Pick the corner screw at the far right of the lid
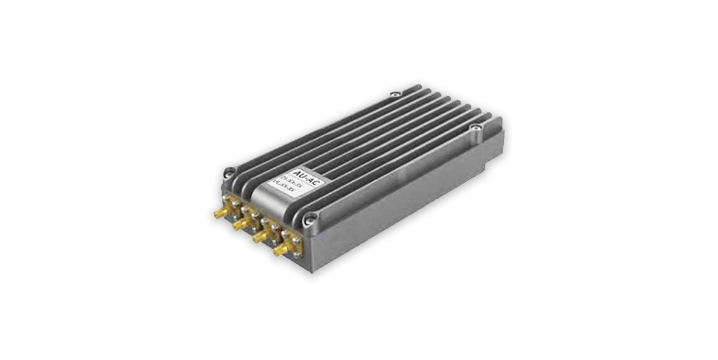(474, 127)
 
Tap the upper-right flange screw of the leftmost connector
(236, 203)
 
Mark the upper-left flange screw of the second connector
(244, 209)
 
